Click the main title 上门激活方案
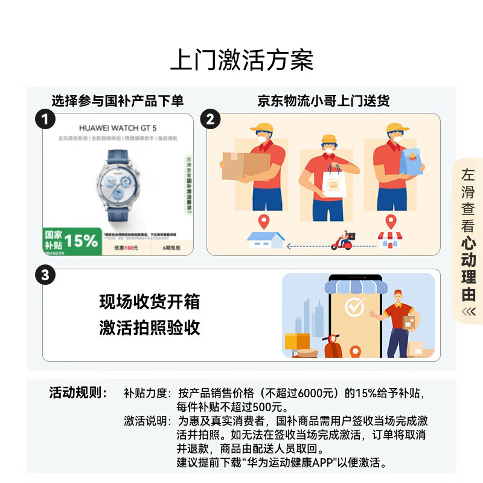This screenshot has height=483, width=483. (241, 61)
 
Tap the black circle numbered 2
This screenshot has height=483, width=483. (210, 119)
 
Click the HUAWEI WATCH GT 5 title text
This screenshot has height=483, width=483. (118, 127)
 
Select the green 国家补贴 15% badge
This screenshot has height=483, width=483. (71, 241)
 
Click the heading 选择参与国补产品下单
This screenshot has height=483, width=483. (117, 100)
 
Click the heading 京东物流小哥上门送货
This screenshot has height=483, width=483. (323, 100)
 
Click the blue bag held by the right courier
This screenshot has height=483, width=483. (412, 162)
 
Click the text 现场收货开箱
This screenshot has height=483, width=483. (149, 301)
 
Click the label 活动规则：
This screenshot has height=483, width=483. (77, 393)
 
